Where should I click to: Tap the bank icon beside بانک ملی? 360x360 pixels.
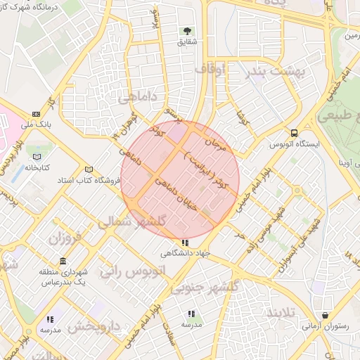coord(36,114)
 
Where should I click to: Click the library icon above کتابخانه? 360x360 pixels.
coord(37,156)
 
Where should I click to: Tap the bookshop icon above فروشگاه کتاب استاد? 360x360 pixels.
coord(89,169)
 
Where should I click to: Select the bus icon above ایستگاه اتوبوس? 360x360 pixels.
coord(294,132)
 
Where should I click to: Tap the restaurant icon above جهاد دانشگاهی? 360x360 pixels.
coord(184,243)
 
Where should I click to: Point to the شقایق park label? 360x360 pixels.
coord(186,43)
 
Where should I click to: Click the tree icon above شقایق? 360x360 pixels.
coord(187,31)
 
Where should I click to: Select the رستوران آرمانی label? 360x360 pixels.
coord(324,327)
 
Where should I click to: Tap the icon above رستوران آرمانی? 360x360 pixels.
coord(324,315)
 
